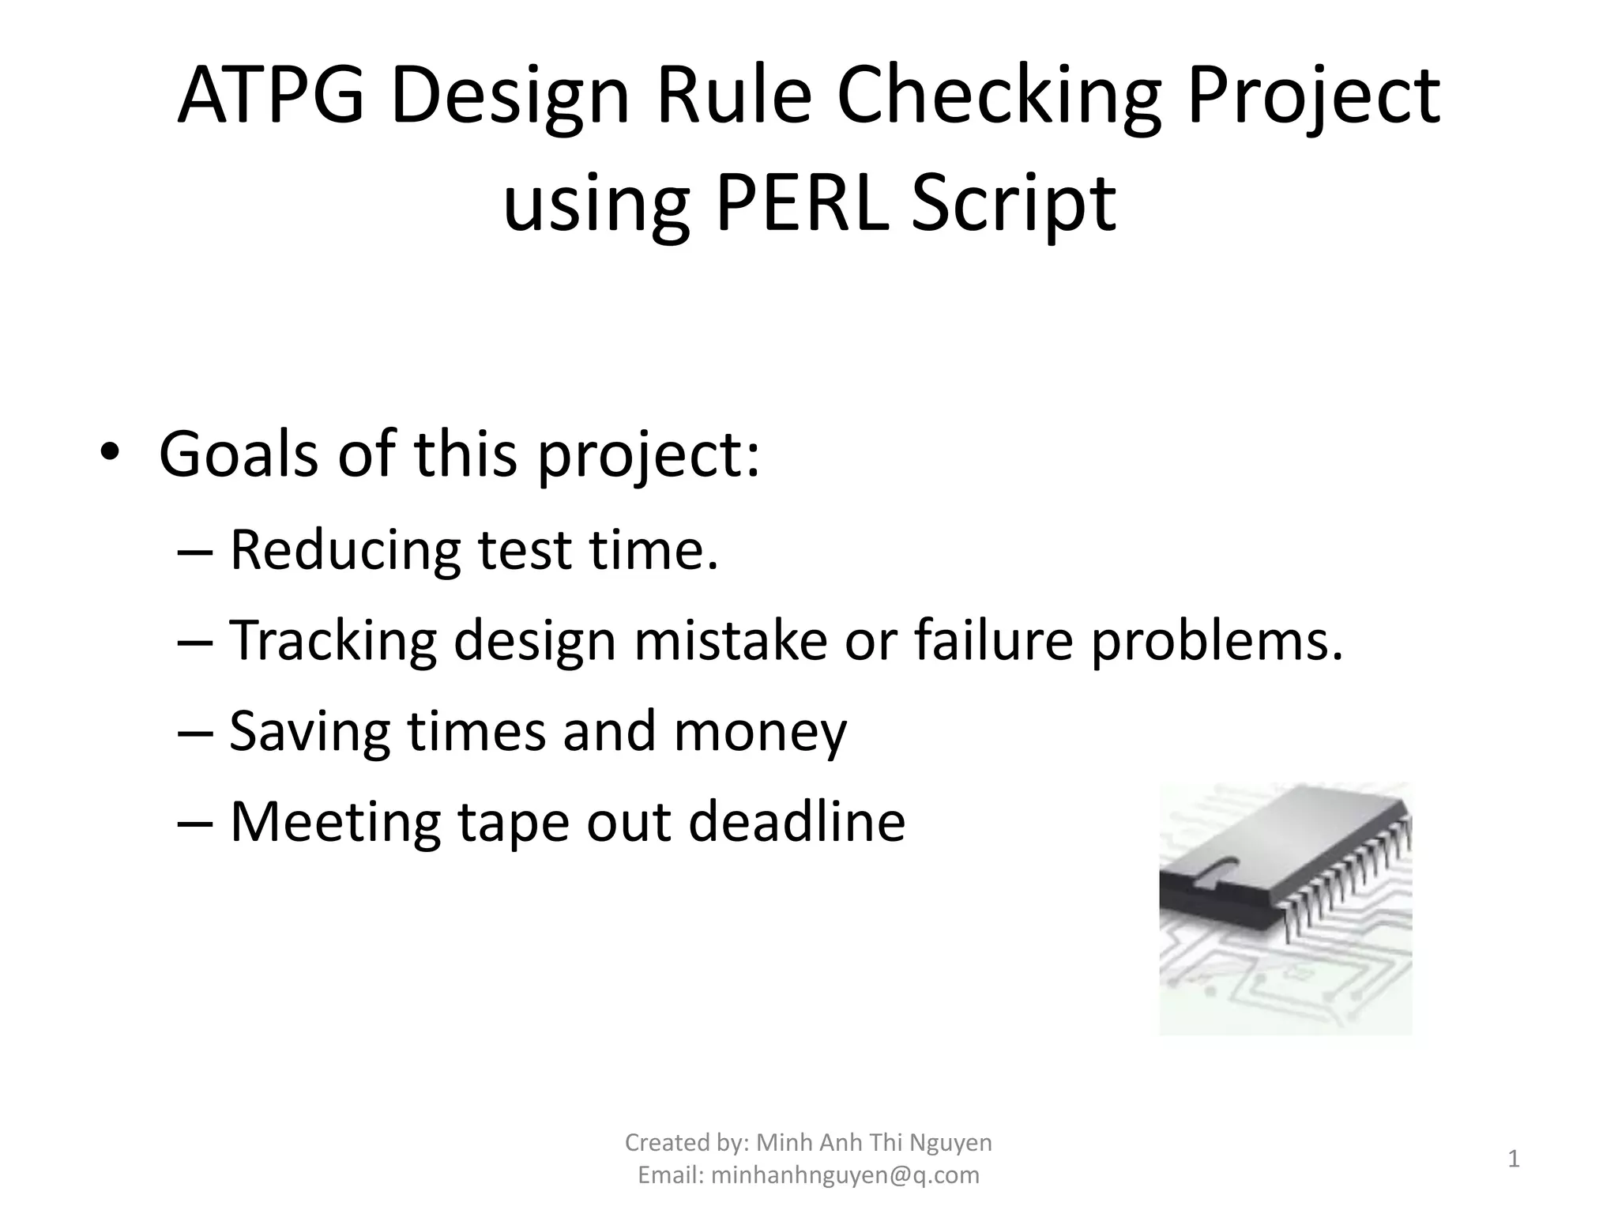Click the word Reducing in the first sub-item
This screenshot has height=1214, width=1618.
point(344,550)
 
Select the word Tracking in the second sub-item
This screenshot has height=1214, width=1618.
point(333,641)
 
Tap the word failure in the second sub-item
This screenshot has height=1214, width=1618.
point(993,640)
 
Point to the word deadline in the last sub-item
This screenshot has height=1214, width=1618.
point(796,822)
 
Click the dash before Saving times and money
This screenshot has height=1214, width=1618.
point(195,732)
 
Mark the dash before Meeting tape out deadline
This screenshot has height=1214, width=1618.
point(195,822)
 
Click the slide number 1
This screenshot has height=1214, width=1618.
point(1513,1159)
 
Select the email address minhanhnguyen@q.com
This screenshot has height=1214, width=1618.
point(845,1175)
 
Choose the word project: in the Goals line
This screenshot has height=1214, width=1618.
point(648,457)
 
